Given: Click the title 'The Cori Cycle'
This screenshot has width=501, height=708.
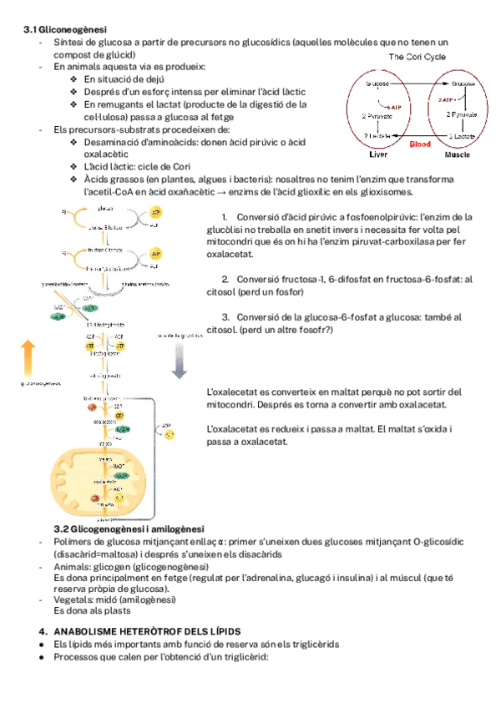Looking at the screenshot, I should coord(417,57).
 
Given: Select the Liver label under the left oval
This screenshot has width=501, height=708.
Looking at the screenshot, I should coord(378,154).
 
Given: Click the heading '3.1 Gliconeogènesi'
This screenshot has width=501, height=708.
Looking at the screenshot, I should coord(60,29).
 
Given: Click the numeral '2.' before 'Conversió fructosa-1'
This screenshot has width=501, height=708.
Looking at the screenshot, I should coord(225,279).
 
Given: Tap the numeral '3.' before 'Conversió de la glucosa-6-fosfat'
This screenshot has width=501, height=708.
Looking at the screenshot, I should coord(225,317).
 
